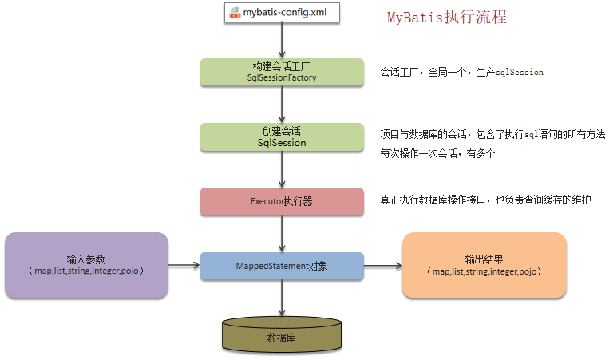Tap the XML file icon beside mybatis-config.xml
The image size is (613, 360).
click(234, 14)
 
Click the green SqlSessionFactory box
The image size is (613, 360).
click(281, 72)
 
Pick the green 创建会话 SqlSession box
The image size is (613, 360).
click(281, 136)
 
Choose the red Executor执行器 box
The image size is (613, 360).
click(281, 201)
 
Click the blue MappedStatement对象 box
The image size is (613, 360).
click(281, 266)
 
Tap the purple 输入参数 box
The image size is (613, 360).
click(86, 265)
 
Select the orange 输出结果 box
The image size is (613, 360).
click(484, 265)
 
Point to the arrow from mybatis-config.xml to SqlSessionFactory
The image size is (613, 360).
click(281, 41)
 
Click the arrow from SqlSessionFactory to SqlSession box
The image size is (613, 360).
click(281, 105)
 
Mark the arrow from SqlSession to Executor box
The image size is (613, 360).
click(281, 169)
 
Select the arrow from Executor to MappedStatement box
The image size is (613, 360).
click(281, 234)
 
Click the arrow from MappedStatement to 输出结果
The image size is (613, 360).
click(382, 265)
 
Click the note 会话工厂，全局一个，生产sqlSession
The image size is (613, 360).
click(462, 72)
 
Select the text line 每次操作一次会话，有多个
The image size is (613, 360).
click(438, 153)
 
